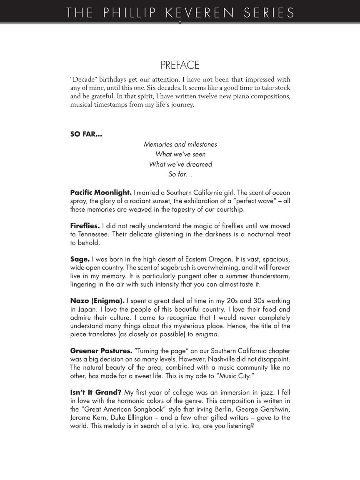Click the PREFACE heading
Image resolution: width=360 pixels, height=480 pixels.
[180, 65]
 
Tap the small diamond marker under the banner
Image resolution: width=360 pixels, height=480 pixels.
[180, 22]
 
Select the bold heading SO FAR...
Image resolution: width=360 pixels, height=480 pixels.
[86, 134]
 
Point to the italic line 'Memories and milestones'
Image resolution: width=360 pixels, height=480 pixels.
[180, 144]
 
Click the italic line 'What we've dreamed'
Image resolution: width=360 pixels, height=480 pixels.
[180, 164]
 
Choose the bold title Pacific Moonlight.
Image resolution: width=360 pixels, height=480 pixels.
[101, 192]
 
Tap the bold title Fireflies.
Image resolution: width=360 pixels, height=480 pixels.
[85, 226]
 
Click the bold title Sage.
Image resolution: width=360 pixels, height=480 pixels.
[80, 259]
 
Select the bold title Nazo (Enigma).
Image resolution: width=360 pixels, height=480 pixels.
[97, 301]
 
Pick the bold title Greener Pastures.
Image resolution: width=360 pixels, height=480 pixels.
[101, 351]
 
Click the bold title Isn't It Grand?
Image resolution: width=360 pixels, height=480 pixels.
[96, 392]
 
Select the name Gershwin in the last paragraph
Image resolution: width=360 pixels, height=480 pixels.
[274, 409]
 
